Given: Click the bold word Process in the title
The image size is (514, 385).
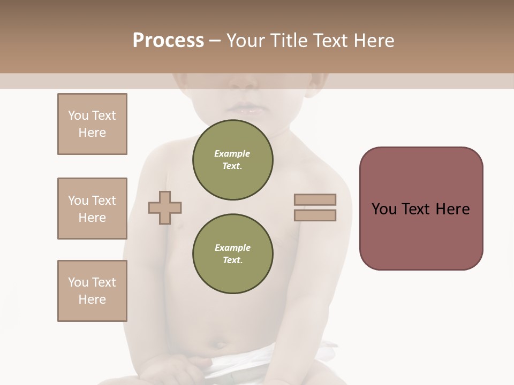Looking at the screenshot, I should point(168,41).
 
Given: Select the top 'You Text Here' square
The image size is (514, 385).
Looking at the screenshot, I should point(92,124).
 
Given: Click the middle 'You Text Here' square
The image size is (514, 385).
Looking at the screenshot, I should point(92,209).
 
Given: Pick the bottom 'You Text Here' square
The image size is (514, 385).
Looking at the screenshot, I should point(92,291).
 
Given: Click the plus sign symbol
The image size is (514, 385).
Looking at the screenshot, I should point(165,207).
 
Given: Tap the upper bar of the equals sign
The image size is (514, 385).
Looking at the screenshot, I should point(315,200).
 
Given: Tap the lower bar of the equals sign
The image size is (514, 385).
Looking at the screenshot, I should point(315,215).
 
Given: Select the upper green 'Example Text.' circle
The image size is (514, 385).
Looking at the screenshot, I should point(232,160).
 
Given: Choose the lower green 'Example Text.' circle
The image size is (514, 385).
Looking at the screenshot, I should point(232,254).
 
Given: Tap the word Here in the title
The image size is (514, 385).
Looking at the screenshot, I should point(374,41).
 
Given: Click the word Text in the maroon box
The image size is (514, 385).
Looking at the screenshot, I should point(415,209).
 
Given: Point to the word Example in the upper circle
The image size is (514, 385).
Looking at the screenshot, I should point(232,153).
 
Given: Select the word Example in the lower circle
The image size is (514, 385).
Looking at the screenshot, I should point(232,248).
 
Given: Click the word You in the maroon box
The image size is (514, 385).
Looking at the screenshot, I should point(384,209).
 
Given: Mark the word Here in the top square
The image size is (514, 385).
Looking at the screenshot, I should point(92,133).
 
